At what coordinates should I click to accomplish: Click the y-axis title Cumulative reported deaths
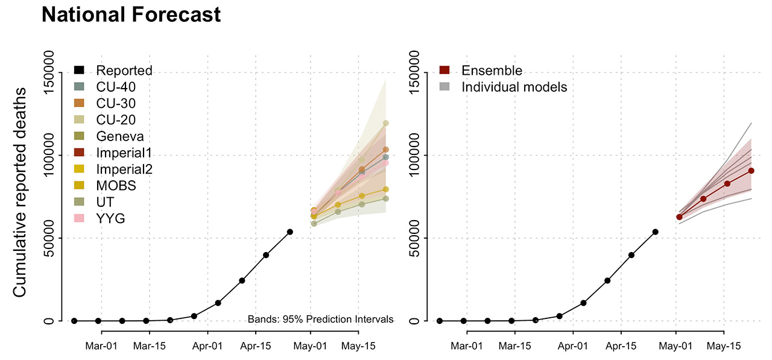point(20,192)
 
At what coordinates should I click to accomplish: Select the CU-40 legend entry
point(116,87)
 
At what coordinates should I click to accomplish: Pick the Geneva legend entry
point(120,136)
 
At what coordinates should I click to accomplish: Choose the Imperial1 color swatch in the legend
point(80,153)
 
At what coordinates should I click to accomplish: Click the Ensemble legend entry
point(492,71)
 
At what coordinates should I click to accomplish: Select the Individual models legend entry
point(514,87)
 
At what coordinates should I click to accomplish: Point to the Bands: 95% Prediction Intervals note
point(320,319)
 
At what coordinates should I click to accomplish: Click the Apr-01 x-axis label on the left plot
point(208,346)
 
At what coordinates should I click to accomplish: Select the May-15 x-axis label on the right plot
point(723,346)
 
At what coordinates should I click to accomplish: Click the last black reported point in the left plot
point(290,232)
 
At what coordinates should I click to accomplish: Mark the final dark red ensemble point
point(751,171)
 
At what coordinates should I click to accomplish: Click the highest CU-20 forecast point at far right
point(385,123)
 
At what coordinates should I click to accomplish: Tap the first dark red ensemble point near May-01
point(679,217)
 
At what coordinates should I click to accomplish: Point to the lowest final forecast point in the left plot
point(385,198)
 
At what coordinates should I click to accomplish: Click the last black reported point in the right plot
point(656,232)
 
